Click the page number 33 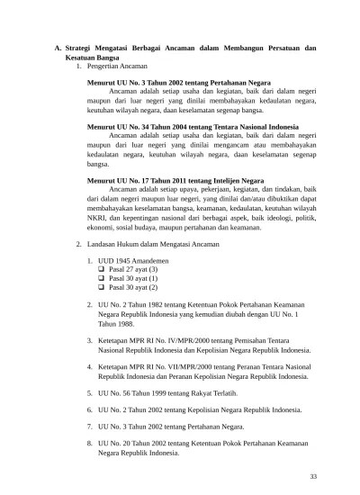tap(312, 476)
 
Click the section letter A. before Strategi tap(58, 46)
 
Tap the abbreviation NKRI tap(97, 217)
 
